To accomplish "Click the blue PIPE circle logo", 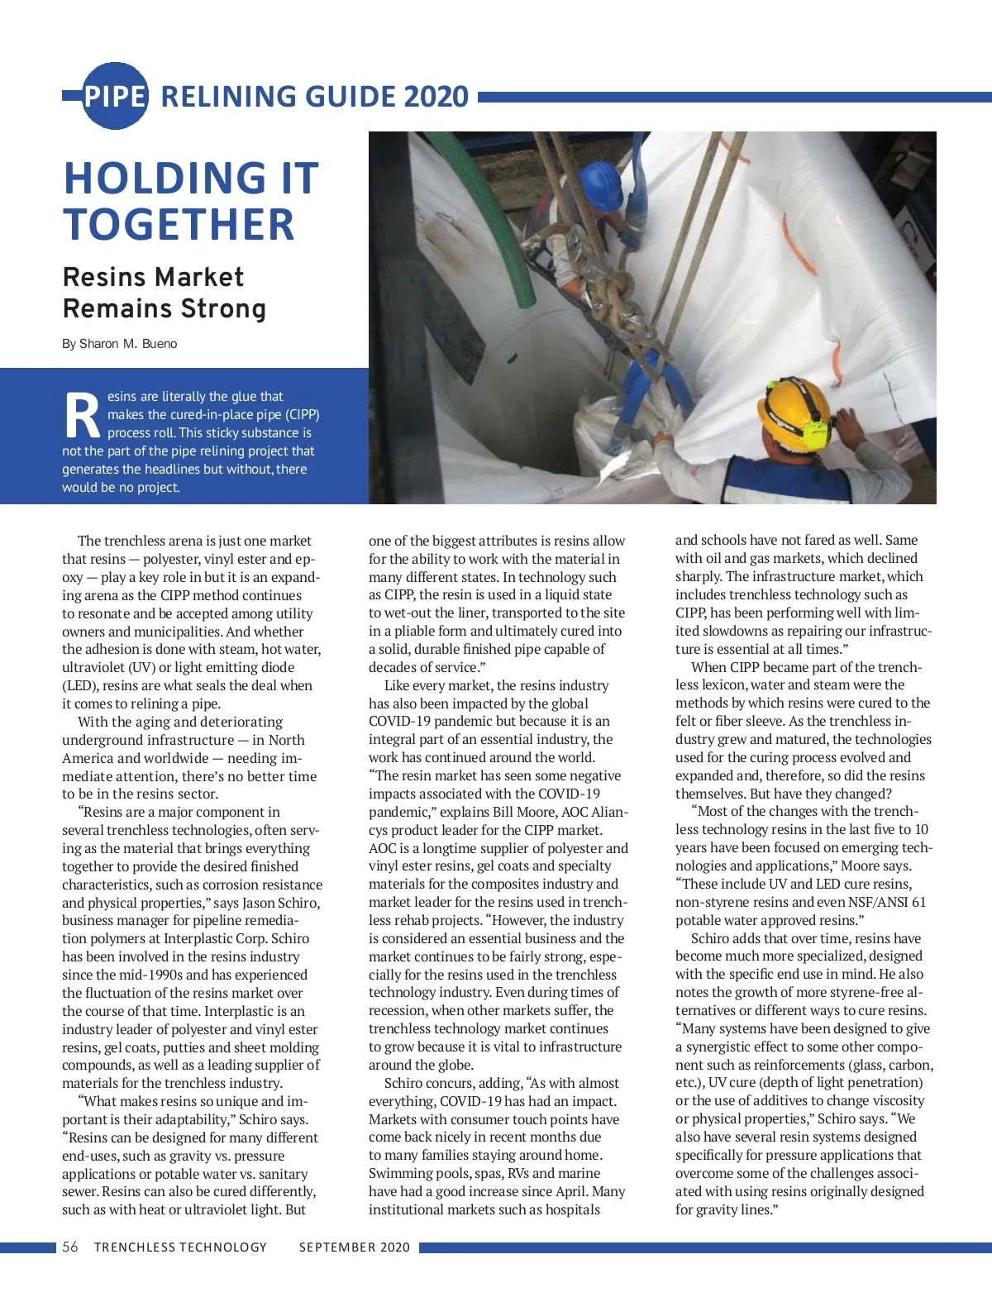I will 115,96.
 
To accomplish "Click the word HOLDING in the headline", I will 164,179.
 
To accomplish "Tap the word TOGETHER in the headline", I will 179,225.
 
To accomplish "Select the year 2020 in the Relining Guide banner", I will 436,97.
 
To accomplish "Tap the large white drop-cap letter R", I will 82,416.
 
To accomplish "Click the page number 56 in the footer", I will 70,1247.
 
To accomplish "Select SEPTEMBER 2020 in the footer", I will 354,1247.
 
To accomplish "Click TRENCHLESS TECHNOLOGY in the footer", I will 180,1247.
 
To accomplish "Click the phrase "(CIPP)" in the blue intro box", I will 303,415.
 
